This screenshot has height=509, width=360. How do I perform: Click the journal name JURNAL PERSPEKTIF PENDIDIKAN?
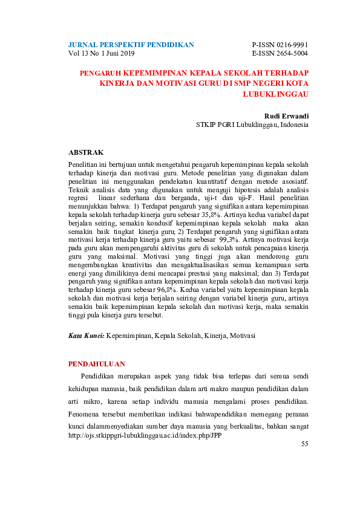pyautogui.click(x=131, y=45)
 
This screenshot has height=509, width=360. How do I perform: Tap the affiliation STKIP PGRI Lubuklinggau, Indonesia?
pyautogui.click(x=252, y=125)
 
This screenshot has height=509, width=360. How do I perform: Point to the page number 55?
pyautogui.click(x=304, y=444)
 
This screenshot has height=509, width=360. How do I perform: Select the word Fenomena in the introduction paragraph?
pyautogui.click(x=86, y=414)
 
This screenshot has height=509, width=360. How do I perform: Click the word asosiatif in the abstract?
pyautogui.click(x=294, y=180)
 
